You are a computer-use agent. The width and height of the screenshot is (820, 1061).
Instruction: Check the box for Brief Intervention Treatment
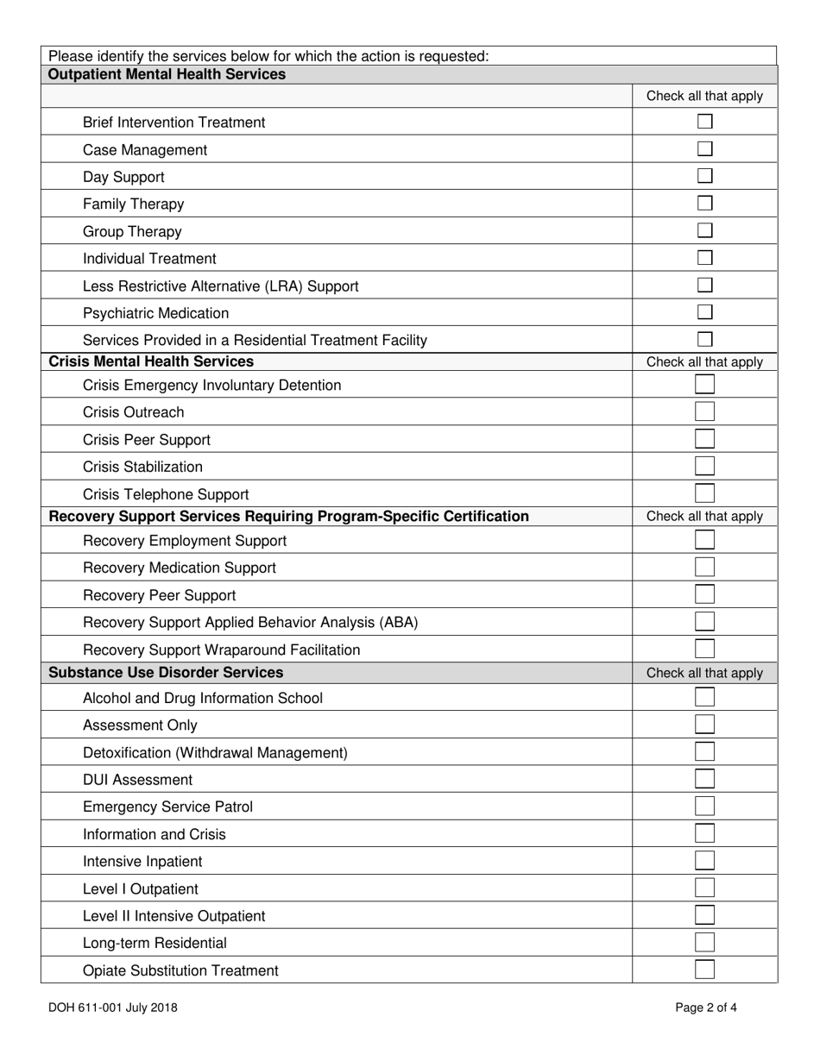704,122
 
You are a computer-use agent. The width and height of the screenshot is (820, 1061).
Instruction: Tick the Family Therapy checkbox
704,204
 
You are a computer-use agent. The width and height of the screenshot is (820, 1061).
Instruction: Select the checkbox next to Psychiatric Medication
704,312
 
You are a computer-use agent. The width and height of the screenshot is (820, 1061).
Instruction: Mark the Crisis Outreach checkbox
704,411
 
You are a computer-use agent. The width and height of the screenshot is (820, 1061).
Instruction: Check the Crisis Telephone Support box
704,493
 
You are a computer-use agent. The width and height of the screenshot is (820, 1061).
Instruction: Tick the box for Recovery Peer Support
704,594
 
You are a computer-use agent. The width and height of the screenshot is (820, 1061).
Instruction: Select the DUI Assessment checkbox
704,779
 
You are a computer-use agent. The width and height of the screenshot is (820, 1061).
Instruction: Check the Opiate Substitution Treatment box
704,970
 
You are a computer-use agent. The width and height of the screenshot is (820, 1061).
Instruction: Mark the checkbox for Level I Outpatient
704,888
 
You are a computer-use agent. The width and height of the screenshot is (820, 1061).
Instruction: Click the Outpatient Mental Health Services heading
167,74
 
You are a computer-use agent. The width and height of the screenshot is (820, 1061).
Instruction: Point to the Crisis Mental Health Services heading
151,361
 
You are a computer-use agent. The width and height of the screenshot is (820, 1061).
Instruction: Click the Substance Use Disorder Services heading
166,672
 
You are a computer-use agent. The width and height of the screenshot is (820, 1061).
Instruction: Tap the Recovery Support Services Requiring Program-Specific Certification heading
288,516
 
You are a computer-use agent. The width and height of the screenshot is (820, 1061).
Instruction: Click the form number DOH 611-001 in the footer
113,1007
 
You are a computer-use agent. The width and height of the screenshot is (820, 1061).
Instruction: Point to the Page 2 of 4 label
706,1007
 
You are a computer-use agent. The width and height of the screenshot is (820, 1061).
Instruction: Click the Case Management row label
145,150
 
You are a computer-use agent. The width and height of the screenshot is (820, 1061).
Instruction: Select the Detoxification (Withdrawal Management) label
215,752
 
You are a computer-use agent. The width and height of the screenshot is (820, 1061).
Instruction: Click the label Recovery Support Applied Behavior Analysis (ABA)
250,622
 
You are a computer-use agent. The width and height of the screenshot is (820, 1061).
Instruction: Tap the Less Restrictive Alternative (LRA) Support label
220,286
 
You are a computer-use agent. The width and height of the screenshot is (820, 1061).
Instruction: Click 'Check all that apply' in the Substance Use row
704,673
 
